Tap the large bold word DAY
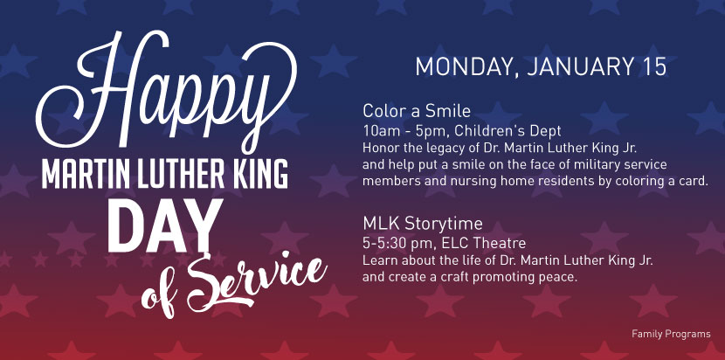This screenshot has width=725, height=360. [165, 225]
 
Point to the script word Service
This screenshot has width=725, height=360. [257, 282]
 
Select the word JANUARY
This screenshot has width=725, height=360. [579, 67]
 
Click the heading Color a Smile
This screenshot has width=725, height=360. [417, 111]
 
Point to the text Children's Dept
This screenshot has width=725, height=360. [507, 131]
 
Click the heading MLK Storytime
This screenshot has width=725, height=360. [423, 224]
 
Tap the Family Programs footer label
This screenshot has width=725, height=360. [671, 334]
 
